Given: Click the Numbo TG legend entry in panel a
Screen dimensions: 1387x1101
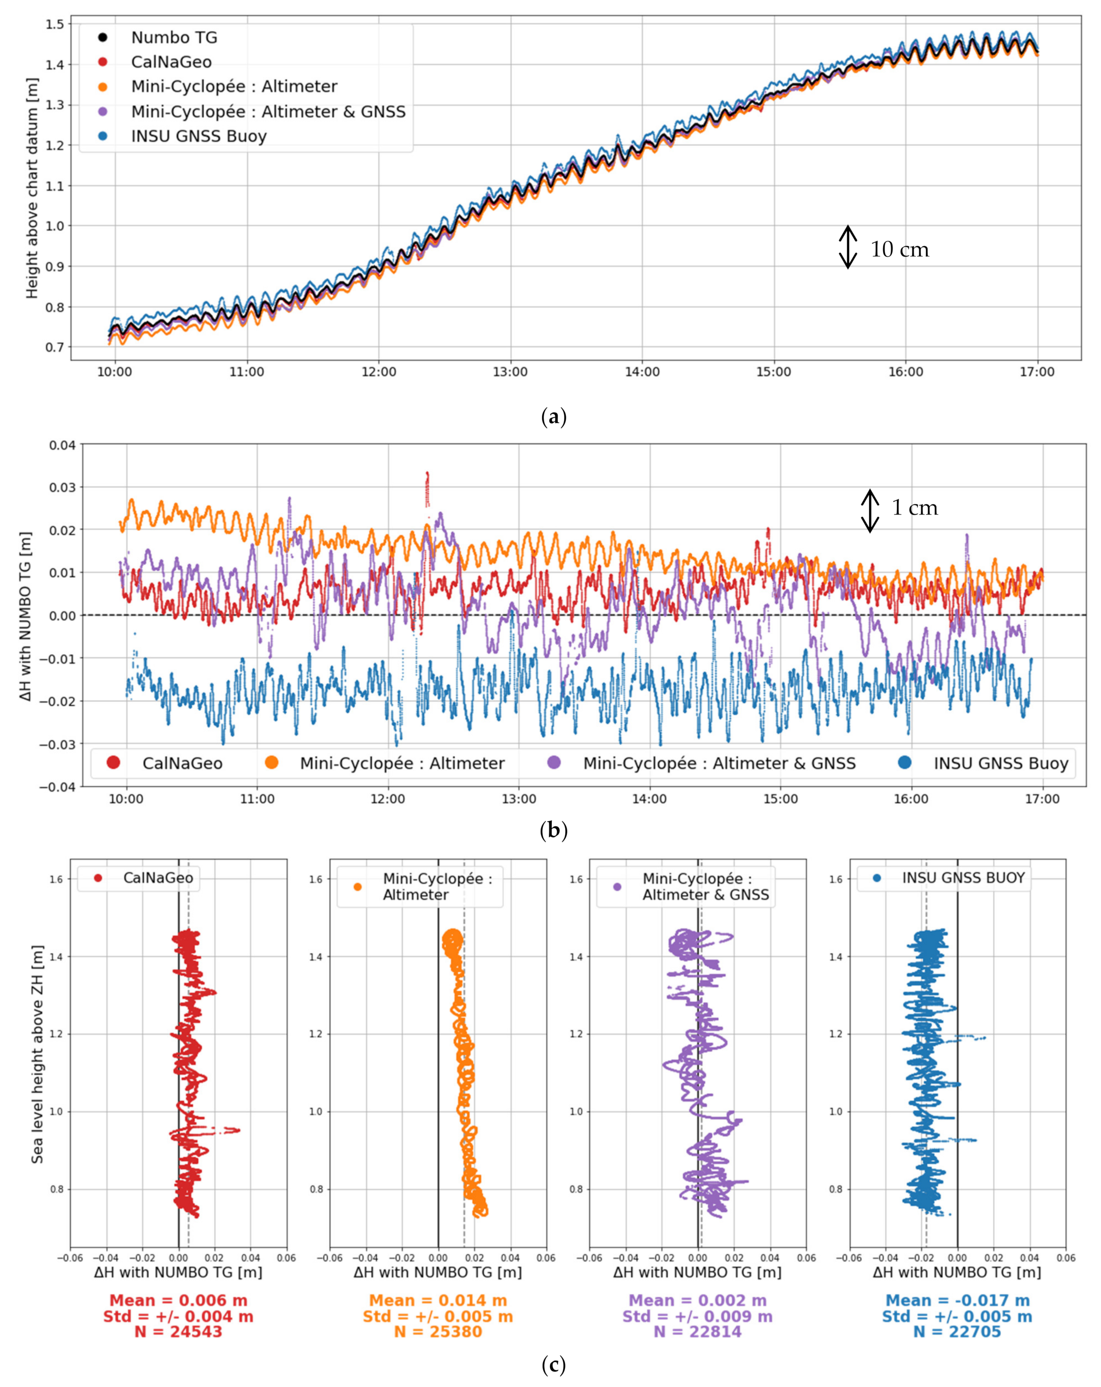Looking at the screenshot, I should coord(174,37).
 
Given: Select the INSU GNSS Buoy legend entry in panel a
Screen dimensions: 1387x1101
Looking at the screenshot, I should coord(198,136).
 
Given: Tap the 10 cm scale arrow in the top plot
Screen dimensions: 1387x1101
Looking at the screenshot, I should coord(848,247).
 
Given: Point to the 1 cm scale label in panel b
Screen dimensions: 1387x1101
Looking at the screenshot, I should coord(914,508).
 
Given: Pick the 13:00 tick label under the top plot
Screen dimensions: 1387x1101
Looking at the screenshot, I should coord(510,372).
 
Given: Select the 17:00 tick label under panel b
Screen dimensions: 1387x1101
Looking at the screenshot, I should coord(1042,799).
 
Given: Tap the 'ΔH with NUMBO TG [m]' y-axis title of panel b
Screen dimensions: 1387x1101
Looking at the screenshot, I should coord(25,616).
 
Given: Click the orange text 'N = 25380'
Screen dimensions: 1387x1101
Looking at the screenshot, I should coord(437,1332).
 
